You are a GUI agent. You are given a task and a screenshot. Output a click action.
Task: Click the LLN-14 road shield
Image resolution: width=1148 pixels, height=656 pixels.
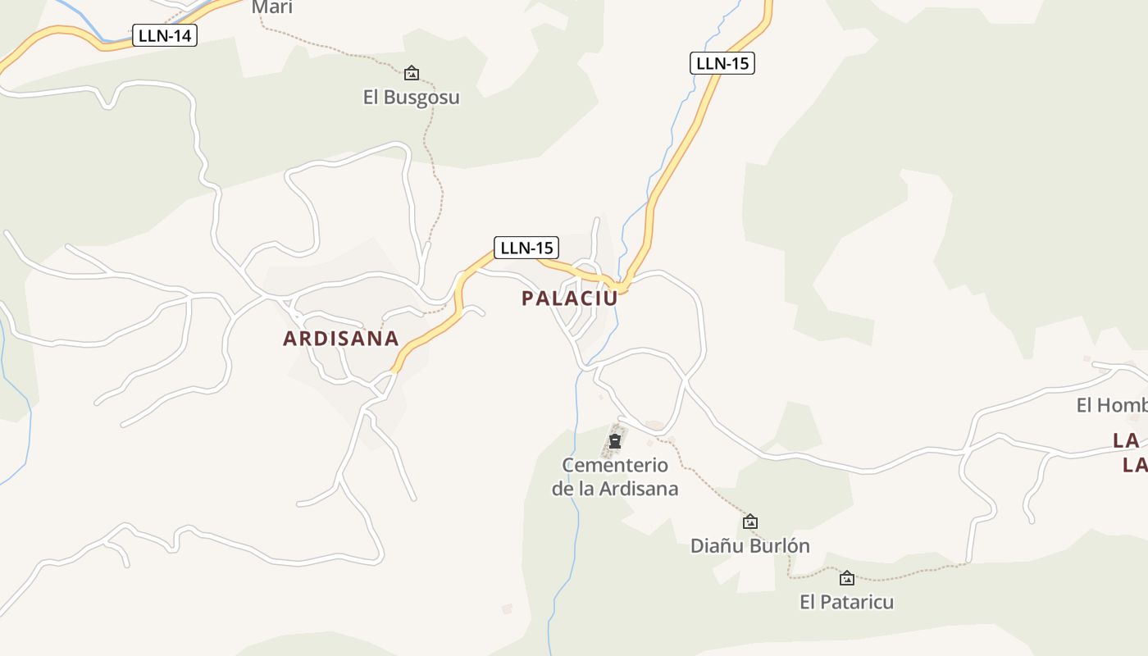tap(165, 35)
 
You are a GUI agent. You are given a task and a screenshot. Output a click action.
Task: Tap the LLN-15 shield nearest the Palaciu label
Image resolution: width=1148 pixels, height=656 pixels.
tap(526, 248)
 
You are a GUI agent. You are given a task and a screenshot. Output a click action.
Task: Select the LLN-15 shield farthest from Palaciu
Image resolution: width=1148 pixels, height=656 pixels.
tap(722, 63)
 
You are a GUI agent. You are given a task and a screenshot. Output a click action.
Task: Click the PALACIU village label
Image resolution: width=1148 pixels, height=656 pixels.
tap(570, 298)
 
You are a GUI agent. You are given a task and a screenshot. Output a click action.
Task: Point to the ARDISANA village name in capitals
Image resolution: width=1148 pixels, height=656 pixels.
tap(341, 338)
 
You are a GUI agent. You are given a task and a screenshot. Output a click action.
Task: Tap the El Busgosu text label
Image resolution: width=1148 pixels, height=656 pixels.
tap(412, 98)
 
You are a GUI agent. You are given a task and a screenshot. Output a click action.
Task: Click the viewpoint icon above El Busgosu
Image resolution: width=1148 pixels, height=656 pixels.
tap(412, 74)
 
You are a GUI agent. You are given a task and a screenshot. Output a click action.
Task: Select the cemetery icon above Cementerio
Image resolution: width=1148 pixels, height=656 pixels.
tap(614, 441)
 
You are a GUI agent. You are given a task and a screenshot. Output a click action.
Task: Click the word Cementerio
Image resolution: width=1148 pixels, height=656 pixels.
tap(615, 466)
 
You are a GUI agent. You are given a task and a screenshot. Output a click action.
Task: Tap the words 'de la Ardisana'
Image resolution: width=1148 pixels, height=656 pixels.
tap(615, 489)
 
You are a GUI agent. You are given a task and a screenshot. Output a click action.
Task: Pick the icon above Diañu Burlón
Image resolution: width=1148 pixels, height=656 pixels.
tap(749, 522)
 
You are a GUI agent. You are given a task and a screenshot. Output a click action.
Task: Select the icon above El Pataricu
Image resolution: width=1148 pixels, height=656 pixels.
tap(847, 578)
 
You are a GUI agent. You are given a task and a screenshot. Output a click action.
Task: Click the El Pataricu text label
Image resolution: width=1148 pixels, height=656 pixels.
tap(847, 602)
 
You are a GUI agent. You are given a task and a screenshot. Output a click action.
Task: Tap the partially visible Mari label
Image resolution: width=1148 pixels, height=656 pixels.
tap(272, 7)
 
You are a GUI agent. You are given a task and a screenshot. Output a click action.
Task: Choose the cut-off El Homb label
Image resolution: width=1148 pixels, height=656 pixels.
tap(1111, 405)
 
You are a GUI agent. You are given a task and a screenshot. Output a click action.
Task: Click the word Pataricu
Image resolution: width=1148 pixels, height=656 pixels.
tap(859, 602)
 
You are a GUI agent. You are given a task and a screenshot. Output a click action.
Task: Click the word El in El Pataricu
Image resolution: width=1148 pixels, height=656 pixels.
tap(809, 602)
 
